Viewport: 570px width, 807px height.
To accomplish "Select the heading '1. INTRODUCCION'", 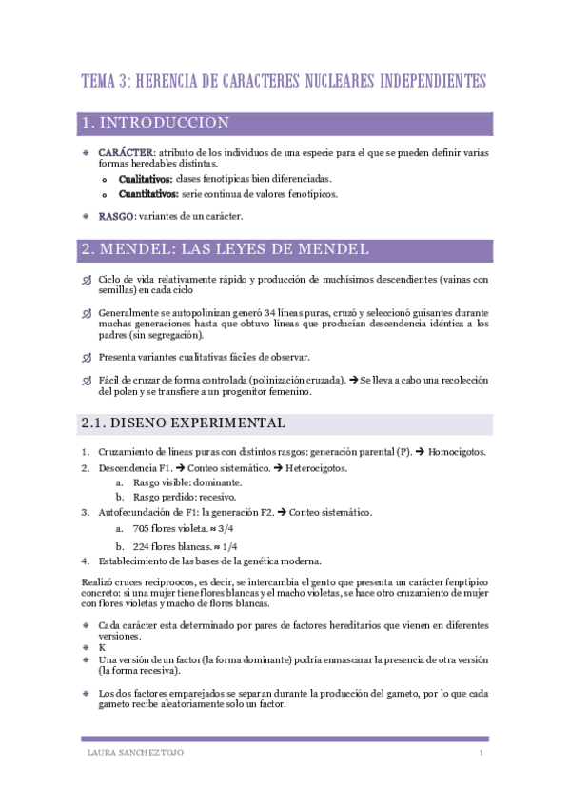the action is click(x=156, y=124).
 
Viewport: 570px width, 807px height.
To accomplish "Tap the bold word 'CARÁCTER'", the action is click(x=126, y=152).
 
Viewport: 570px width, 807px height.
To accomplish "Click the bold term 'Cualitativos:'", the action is click(x=146, y=179).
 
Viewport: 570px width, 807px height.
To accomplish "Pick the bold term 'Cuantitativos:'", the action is click(x=148, y=194).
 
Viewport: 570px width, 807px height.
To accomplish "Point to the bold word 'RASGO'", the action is click(x=116, y=216).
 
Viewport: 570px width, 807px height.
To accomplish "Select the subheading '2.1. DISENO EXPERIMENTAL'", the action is click(x=184, y=423).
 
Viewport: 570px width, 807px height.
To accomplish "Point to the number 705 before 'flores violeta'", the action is click(x=143, y=528).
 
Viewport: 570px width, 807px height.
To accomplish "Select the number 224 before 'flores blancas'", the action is click(x=143, y=546).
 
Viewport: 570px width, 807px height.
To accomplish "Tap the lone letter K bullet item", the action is click(x=102, y=647).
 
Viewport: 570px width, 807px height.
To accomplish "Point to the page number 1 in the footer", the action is click(x=482, y=753).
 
